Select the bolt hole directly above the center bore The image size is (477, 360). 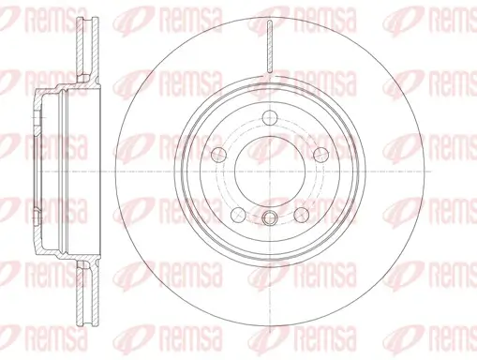click(x=270, y=117)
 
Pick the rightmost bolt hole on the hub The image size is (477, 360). click(x=320, y=156)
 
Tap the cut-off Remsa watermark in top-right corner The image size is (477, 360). click(x=455, y=13)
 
